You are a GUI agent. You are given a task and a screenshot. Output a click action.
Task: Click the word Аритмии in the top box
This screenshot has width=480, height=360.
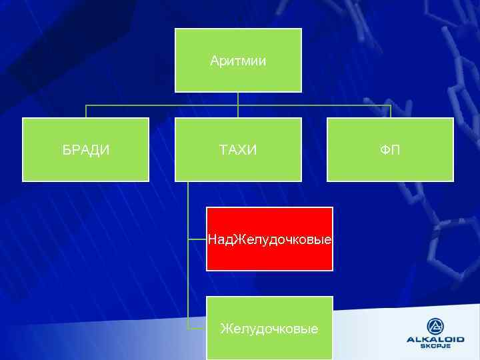tap(238, 61)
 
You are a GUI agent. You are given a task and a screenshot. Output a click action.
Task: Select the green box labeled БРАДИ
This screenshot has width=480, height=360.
tap(85, 167)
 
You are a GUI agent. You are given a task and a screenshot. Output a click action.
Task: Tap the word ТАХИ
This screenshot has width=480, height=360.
tap(238, 150)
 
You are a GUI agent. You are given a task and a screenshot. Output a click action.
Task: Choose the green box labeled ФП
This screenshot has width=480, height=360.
tap(390, 167)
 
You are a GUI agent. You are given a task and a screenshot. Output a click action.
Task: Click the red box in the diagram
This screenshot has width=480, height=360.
tap(269, 257)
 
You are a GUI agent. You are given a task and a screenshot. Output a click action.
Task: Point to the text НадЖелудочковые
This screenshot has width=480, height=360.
tap(269, 238)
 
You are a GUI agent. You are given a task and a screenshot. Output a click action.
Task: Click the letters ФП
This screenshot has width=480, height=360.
tap(390, 150)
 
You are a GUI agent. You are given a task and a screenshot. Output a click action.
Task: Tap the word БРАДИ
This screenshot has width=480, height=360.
tap(86, 150)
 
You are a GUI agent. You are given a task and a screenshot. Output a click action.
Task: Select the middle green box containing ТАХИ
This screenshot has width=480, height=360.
tap(238, 167)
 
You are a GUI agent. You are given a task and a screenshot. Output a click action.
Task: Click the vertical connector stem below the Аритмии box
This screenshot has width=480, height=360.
tap(238, 98)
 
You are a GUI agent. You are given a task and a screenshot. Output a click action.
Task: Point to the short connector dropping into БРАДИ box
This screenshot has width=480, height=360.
tap(85, 111)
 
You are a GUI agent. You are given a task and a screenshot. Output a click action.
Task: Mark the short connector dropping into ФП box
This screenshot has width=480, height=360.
tap(390, 111)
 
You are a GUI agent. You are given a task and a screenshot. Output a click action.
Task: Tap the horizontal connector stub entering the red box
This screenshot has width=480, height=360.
tap(197, 238)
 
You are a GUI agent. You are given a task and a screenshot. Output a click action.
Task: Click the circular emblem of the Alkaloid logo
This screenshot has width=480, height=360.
tap(435, 326)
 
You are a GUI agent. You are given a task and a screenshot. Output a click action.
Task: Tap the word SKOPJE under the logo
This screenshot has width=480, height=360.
tap(435, 346)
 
